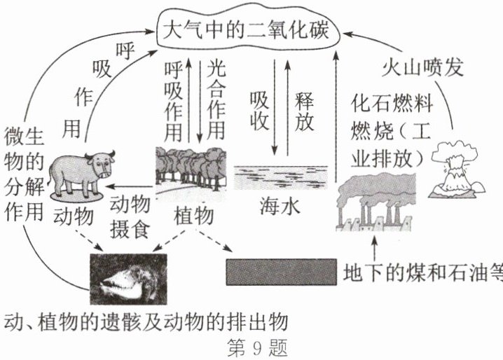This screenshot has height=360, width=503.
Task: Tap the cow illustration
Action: click(x=83, y=172)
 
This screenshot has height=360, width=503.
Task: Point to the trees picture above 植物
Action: click(x=192, y=169)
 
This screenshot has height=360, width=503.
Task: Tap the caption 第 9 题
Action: click(x=253, y=348)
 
